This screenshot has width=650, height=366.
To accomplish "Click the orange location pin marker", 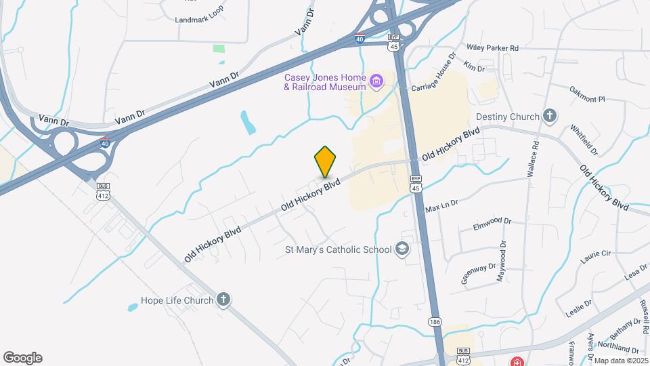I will click(326, 161).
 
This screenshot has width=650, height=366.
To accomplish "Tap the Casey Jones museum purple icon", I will click(376, 83).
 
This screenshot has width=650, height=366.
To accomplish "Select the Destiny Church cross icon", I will click(550, 116).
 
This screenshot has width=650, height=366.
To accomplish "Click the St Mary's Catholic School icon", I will click(403, 249).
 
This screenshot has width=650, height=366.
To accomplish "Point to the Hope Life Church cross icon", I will click(223, 300).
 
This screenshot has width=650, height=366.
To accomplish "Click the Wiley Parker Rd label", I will click(492, 48).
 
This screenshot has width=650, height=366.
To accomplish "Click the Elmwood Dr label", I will click(491, 221).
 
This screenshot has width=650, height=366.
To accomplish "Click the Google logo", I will click(22, 358).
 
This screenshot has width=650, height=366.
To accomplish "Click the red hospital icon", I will click(517, 361).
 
